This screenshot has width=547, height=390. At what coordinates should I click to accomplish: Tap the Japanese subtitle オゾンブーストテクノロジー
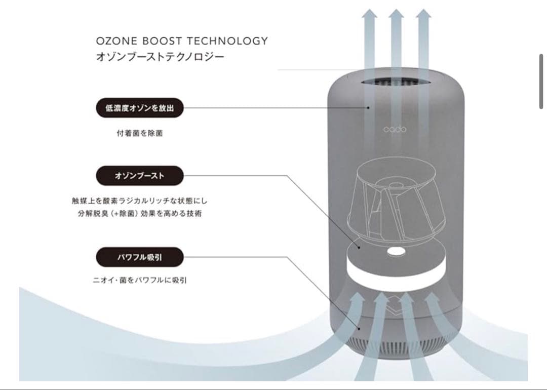pyautogui.click(x=160, y=57)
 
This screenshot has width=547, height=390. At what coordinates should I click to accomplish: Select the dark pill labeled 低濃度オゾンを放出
pyautogui.click(x=139, y=108)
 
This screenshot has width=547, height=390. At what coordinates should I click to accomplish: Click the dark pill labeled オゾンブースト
pyautogui.click(x=139, y=176)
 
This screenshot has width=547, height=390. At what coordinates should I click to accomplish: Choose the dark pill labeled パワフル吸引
pyautogui.click(x=139, y=257)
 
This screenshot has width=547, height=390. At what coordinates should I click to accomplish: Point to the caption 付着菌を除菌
pyautogui.click(x=140, y=134)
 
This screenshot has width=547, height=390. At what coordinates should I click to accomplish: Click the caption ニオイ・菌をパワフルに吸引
pyautogui.click(x=140, y=280)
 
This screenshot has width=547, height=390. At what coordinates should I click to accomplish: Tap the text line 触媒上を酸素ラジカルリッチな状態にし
pyautogui.click(x=140, y=201)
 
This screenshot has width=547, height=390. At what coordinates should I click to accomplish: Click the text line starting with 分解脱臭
pyautogui.click(x=140, y=213)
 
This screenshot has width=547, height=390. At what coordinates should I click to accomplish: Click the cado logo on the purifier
pyautogui.click(x=395, y=129)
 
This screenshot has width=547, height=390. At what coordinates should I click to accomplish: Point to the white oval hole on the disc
pyautogui.click(x=395, y=251)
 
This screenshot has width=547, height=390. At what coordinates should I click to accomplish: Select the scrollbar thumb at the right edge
pyautogui.click(x=541, y=81)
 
